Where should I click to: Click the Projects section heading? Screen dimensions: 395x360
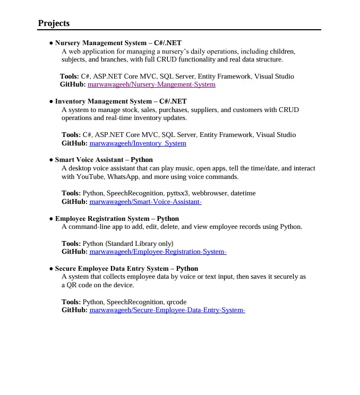54,23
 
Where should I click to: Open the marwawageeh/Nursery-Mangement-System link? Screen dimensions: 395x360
151,84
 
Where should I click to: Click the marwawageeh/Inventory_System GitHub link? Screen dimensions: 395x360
138,143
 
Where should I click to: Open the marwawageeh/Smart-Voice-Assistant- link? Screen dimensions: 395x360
145,202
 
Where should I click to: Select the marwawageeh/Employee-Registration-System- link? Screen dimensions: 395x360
158,252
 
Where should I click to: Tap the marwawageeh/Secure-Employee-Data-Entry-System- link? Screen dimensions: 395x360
167,310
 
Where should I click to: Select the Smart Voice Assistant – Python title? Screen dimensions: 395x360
104,160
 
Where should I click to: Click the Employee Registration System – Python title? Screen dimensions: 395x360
117,219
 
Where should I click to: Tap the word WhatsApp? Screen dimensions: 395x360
128,177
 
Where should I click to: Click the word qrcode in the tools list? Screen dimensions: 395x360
176,302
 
